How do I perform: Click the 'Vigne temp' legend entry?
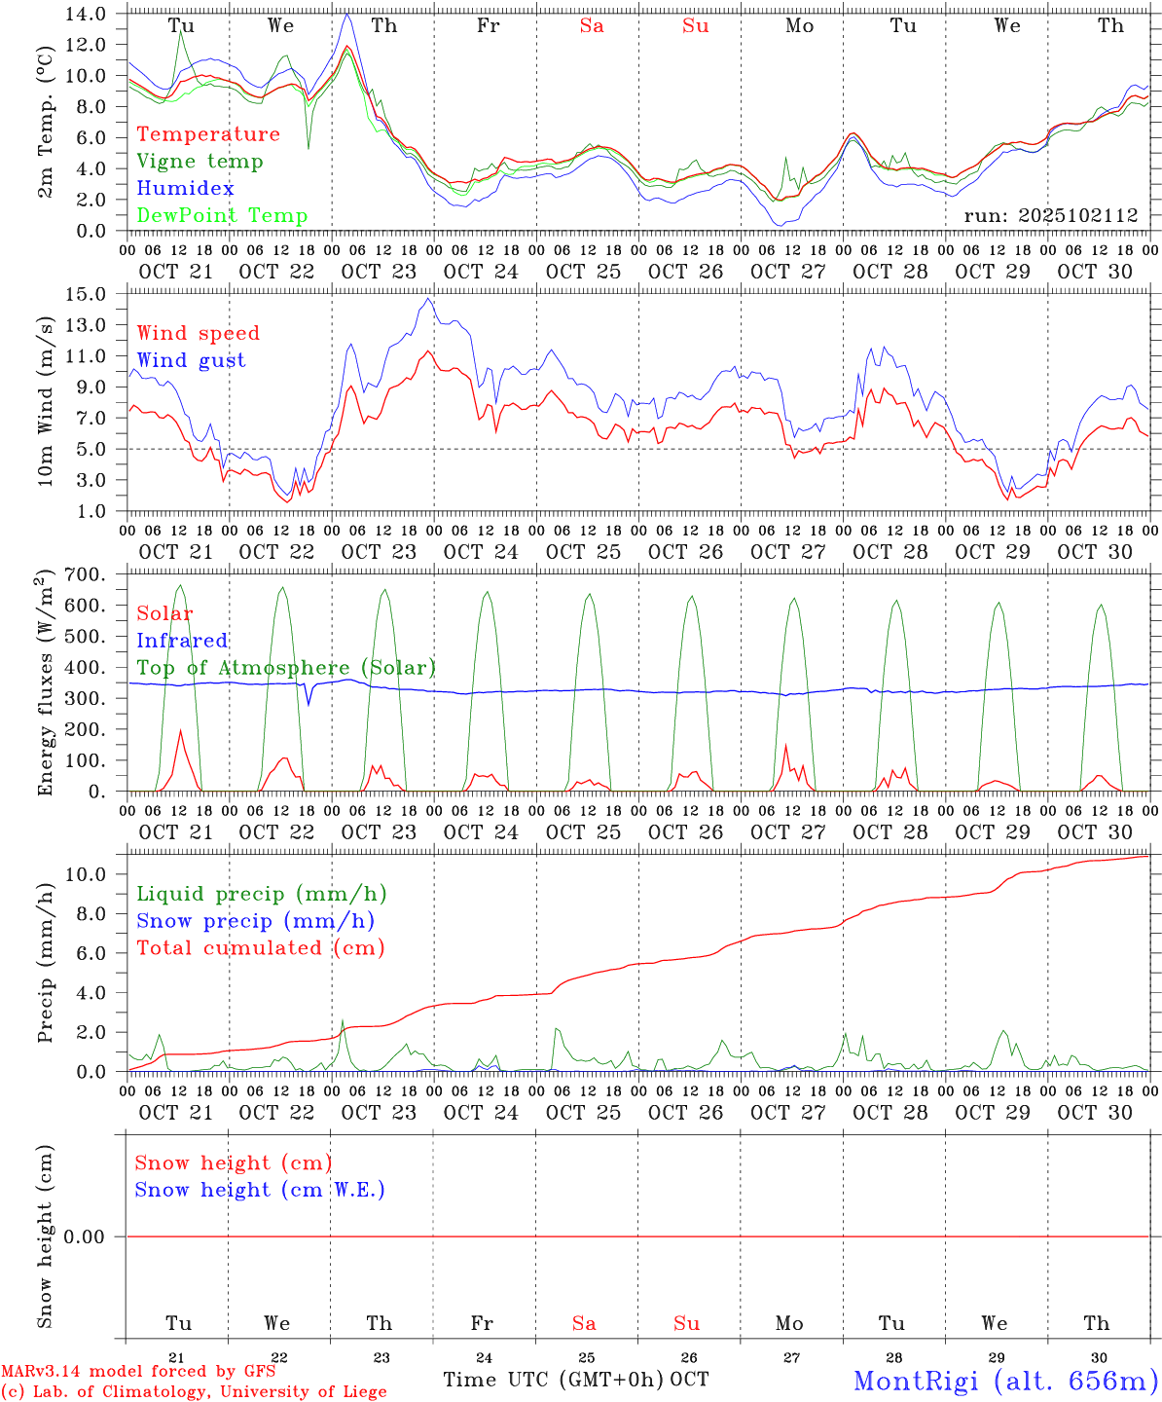click(x=200, y=162)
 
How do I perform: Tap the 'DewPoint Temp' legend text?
click(x=222, y=216)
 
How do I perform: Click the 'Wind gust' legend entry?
click(x=191, y=360)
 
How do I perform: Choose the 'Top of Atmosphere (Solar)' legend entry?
click(x=286, y=668)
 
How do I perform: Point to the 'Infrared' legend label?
click(x=182, y=641)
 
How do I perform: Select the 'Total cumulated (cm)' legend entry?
click(x=260, y=948)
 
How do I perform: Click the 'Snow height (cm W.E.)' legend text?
click(x=260, y=1190)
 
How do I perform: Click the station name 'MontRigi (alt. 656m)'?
click(x=1005, y=1380)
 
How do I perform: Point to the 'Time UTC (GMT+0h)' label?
click(x=553, y=1380)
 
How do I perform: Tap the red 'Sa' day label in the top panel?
click(x=592, y=26)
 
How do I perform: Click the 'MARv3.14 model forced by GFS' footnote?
click(x=138, y=1372)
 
